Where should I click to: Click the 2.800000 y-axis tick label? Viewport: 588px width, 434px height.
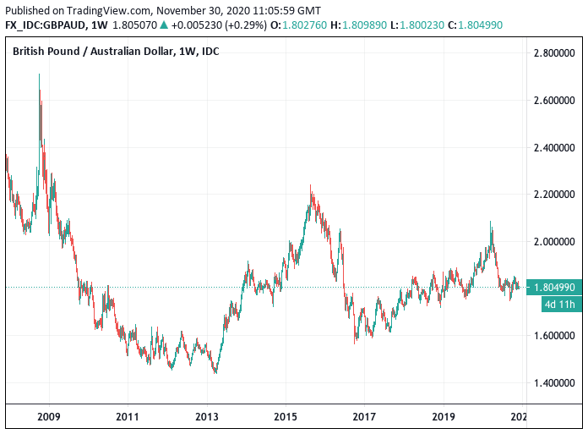pyautogui.click(x=554, y=53)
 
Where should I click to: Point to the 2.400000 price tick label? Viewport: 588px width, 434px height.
pyautogui.click(x=554, y=147)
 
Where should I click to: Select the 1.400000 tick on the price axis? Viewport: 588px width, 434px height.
pyautogui.click(x=554, y=383)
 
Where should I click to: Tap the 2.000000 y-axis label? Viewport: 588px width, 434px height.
pyautogui.click(x=554, y=242)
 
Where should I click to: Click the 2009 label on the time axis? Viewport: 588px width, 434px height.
pyautogui.click(x=49, y=417)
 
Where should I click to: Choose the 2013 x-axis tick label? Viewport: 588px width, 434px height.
pyautogui.click(x=206, y=417)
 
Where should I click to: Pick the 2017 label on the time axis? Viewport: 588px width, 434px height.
pyautogui.click(x=363, y=417)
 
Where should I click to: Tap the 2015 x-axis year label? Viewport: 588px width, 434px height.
pyautogui.click(x=285, y=417)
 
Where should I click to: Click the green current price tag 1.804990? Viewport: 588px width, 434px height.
pyautogui.click(x=554, y=288)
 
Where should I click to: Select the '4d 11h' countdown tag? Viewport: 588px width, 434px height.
pyautogui.click(x=559, y=305)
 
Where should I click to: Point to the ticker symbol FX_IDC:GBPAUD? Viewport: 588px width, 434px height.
pyautogui.click(x=43, y=25)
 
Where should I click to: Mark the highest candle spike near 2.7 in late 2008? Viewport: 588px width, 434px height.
pyautogui.click(x=40, y=76)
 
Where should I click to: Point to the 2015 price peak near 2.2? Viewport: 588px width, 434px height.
pyautogui.click(x=311, y=187)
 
